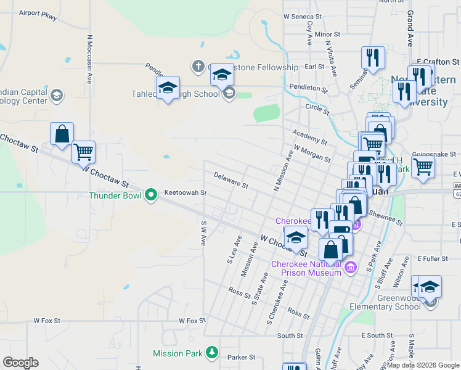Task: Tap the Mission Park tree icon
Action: (212, 353)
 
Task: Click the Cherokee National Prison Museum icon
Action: (351, 268)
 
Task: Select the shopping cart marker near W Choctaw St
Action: (83, 151)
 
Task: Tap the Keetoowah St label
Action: (185, 192)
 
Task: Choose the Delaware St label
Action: (230, 180)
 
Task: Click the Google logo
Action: (20, 363)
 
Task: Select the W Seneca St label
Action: (303, 17)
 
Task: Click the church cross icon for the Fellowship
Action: (198, 66)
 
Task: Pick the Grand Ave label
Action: (410, 32)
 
